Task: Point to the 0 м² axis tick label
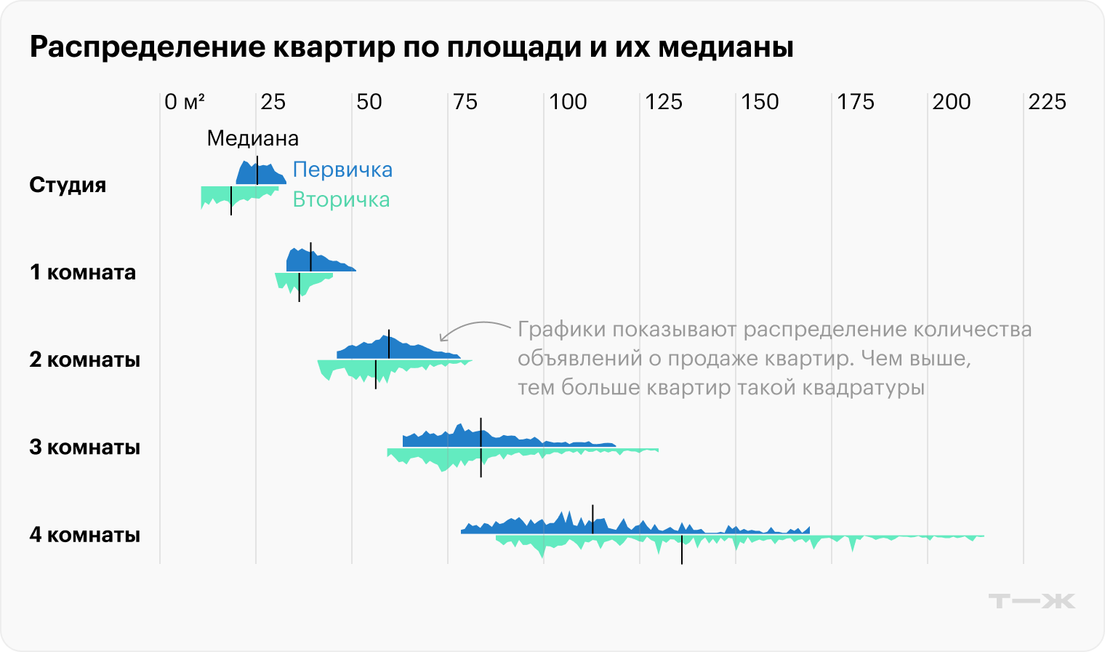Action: click(x=184, y=102)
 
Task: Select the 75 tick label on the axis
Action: click(x=465, y=102)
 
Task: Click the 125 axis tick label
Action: click(x=664, y=102)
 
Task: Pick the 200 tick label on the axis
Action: click(x=952, y=102)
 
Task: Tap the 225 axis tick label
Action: click(x=1047, y=102)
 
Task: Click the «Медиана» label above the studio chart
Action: click(x=252, y=138)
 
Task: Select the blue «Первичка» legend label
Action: click(x=342, y=170)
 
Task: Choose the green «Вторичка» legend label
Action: click(x=341, y=199)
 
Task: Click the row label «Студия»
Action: click(x=68, y=185)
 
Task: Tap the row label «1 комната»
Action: click(x=82, y=272)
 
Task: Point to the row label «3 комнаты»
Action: click(x=84, y=447)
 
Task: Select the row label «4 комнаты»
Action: click(x=84, y=535)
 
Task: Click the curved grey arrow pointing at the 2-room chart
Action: click(x=473, y=328)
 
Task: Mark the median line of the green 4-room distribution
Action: click(x=682, y=549)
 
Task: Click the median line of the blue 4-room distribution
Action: click(x=592, y=520)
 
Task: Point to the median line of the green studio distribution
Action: click(x=231, y=200)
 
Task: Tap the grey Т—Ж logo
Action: click(x=1031, y=600)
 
